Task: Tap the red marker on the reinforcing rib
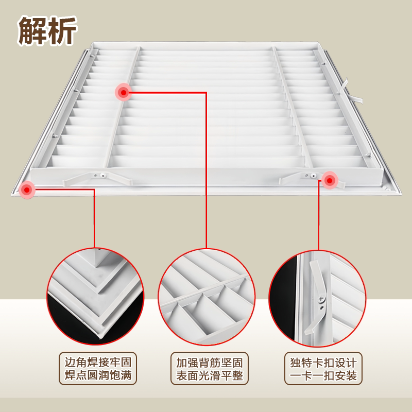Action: click(x=123, y=92)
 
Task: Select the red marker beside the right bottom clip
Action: click(x=329, y=180)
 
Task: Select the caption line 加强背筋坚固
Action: click(x=207, y=359)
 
